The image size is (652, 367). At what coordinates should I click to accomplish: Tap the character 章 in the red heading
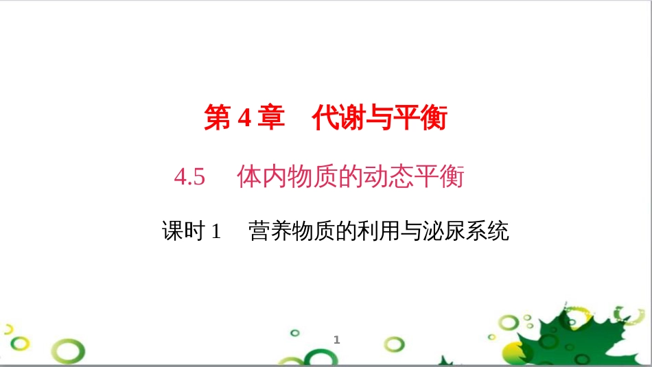(272, 119)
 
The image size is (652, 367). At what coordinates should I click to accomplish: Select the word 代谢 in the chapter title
(337, 119)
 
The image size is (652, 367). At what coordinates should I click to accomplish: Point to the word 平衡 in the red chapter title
(419, 119)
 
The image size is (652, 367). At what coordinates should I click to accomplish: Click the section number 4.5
(190, 178)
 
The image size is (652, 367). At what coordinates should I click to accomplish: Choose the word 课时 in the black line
(183, 231)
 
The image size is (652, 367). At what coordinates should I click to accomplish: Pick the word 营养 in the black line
(270, 231)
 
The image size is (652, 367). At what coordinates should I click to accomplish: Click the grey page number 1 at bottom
(337, 340)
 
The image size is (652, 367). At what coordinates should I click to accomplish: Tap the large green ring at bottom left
(70, 351)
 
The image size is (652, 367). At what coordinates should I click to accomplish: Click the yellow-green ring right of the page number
(394, 344)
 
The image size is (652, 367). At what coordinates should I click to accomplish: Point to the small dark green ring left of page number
(295, 333)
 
